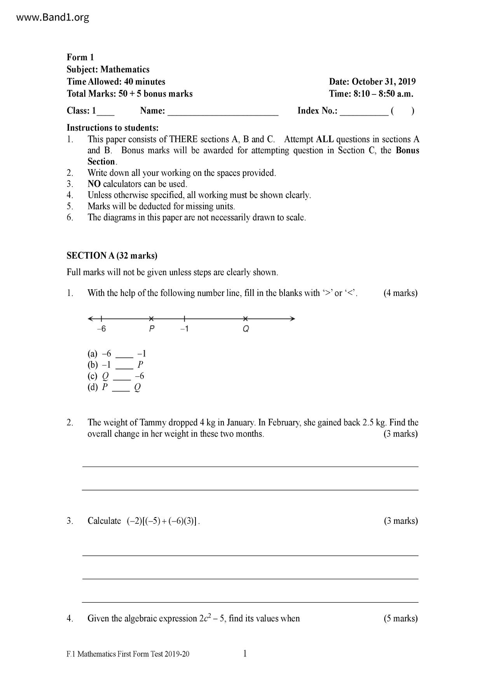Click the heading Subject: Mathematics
pos(108,70)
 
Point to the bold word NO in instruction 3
pos(94,184)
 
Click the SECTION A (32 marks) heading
pos(112,256)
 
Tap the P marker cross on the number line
pos(152,319)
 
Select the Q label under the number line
pos(246,329)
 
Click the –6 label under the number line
pos(101,329)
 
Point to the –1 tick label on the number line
pos(184,329)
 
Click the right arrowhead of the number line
pos(293,319)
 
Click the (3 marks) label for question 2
pos(400,434)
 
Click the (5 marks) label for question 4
pos(400,619)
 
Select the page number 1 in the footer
pos(245,654)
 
